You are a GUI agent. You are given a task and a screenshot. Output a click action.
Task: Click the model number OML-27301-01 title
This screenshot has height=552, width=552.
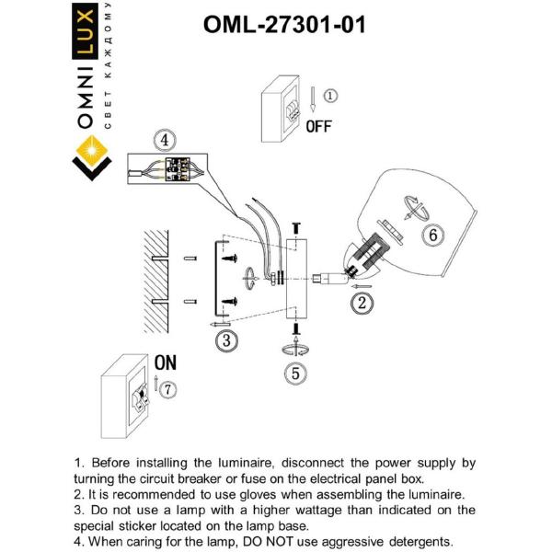click(x=284, y=25)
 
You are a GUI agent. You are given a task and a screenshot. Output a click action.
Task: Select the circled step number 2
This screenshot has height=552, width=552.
click(x=362, y=301)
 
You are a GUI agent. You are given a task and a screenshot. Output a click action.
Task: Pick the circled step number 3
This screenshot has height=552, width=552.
click(x=226, y=339)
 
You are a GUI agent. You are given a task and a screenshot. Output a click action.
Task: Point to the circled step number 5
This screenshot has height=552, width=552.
click(x=295, y=373)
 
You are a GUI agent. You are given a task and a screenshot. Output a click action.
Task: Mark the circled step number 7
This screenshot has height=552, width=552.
click(x=167, y=390)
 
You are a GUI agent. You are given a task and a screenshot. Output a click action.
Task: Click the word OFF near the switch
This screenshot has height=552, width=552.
click(x=318, y=127)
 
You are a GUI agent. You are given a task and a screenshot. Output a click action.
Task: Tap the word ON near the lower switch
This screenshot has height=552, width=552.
click(x=166, y=362)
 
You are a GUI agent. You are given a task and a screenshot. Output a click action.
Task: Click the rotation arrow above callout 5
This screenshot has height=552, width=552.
click(x=296, y=349)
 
